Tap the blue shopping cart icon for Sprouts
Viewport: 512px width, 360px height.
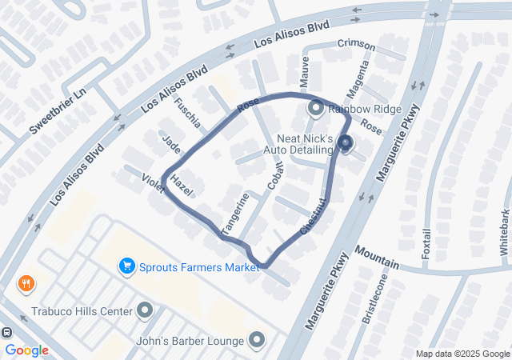126,266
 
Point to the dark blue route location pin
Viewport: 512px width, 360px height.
345,143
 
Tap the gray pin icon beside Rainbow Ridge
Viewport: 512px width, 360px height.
315,106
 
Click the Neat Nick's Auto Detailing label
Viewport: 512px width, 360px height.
304,144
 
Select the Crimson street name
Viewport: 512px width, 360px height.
356,43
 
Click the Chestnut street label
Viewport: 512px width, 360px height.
314,216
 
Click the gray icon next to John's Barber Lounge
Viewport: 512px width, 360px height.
256,342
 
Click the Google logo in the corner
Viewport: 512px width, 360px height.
26,350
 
